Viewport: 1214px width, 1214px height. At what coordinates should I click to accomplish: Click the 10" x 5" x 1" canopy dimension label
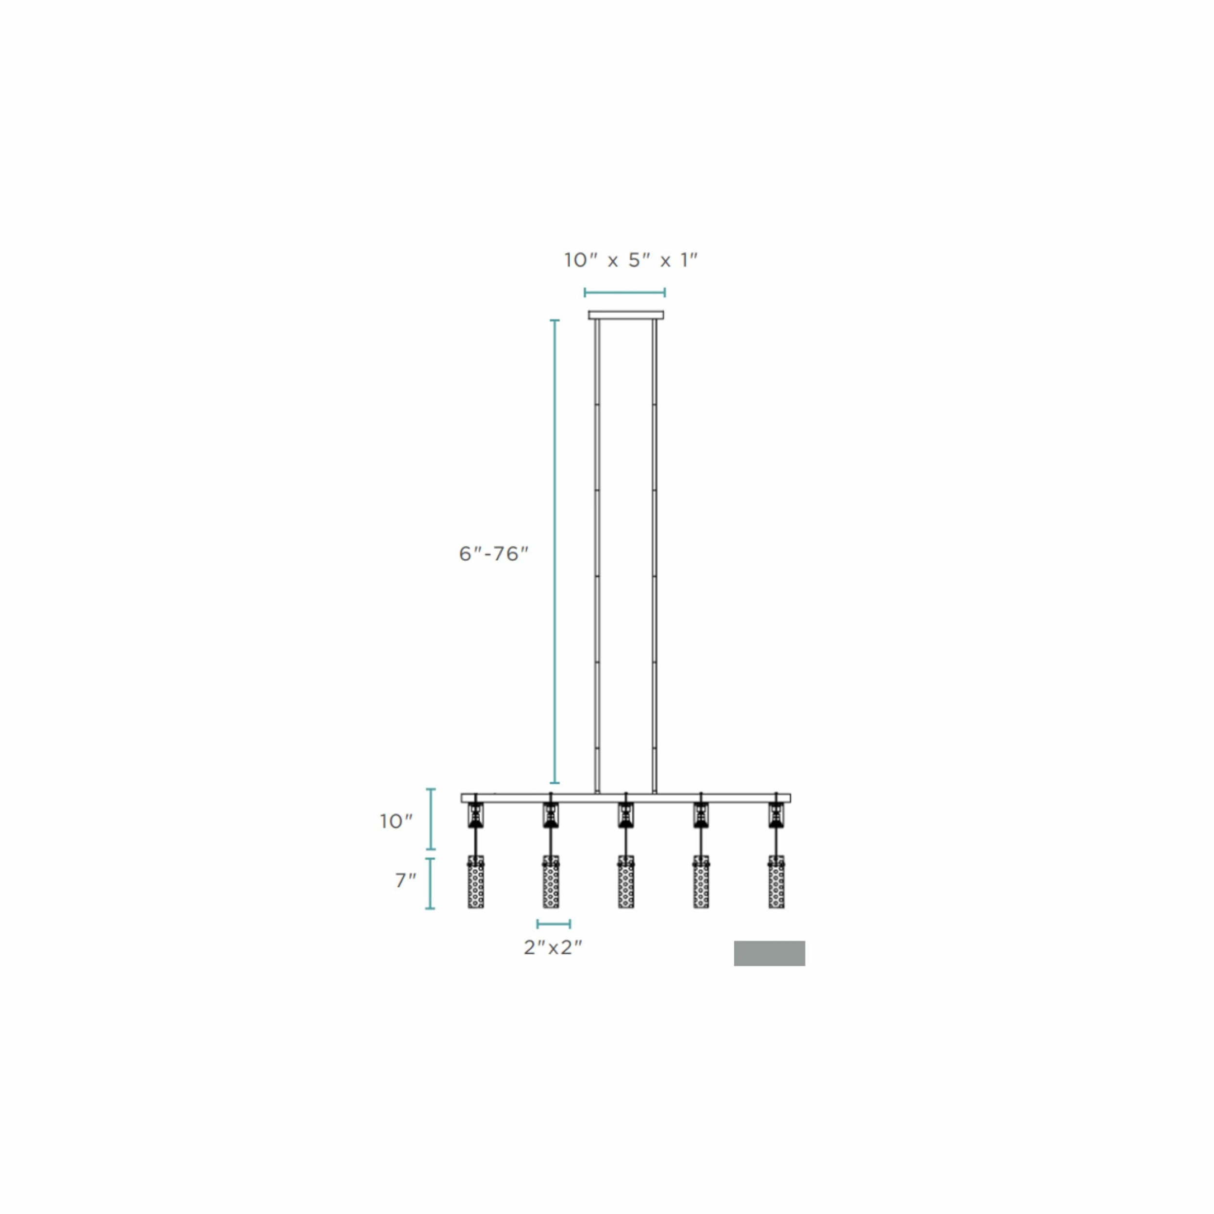click(x=630, y=259)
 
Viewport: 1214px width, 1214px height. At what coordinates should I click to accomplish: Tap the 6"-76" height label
click(x=493, y=554)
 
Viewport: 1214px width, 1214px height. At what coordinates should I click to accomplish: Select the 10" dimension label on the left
click(x=396, y=821)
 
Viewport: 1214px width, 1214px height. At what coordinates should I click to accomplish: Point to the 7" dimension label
click(x=405, y=881)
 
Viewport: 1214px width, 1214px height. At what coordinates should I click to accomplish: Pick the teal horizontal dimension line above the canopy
click(x=624, y=292)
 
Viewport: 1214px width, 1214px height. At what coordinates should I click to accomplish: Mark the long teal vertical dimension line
click(x=554, y=552)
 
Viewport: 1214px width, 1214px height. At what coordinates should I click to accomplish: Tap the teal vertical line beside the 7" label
click(x=430, y=883)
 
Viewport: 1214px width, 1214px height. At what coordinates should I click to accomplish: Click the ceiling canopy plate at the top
click(x=625, y=315)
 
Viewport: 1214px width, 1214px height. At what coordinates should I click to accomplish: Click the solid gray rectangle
click(x=769, y=953)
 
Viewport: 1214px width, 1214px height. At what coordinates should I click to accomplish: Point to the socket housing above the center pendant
click(x=626, y=816)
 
